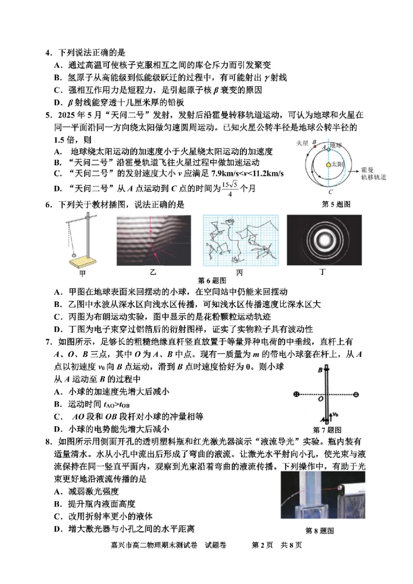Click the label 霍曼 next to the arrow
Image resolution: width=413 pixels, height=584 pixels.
(x=368, y=168)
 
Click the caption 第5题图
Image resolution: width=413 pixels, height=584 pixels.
(x=336, y=204)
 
